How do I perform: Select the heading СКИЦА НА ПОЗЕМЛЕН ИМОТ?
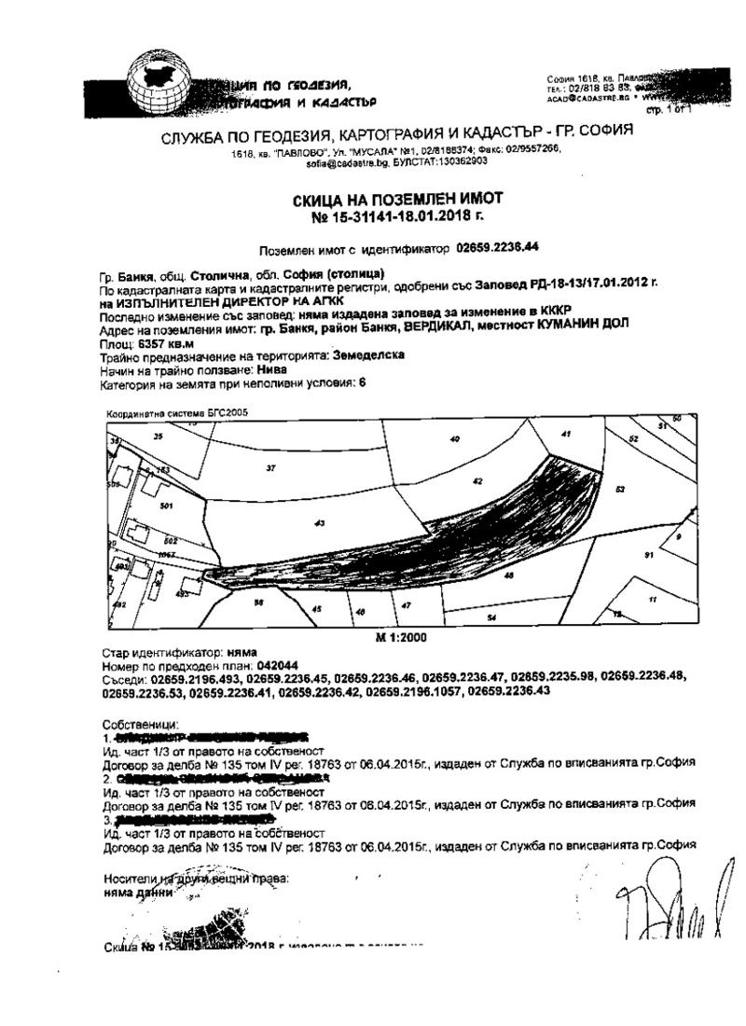coord(397,199)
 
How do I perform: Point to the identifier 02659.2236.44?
coord(498,247)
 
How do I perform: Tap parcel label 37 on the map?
coord(270,467)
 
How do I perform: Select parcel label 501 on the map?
coord(167,506)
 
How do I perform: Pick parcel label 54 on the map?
coord(490,617)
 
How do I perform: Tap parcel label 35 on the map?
coord(158,436)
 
